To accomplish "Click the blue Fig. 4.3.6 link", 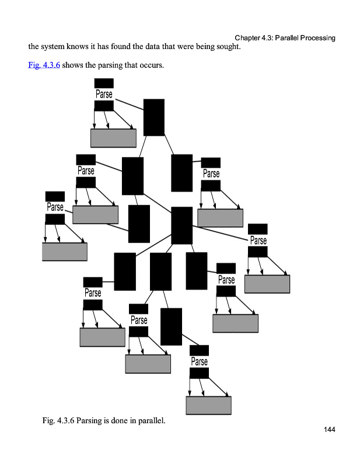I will tap(44, 65).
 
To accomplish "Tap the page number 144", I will tap(329, 430).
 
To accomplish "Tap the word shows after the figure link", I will tap(73, 65).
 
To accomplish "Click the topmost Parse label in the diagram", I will tap(104, 94).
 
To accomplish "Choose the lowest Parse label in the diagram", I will tap(199, 361).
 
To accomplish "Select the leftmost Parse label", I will tap(55, 207).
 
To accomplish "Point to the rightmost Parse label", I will tap(258, 241).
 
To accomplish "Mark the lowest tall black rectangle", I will tap(171, 326).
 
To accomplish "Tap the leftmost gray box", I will tap(65, 252).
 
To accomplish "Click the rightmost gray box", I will tap(267, 284).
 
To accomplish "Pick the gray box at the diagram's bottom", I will tap(208, 405).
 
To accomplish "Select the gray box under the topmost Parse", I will tap(113, 138).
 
